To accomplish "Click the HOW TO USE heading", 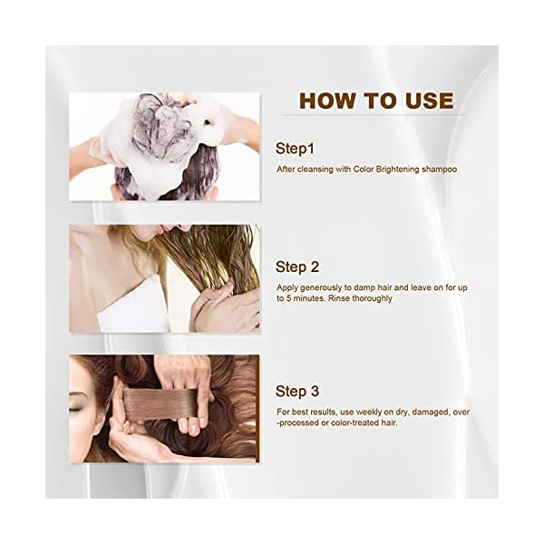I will pyautogui.click(x=375, y=100).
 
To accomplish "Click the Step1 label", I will pyautogui.click(x=296, y=148).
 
